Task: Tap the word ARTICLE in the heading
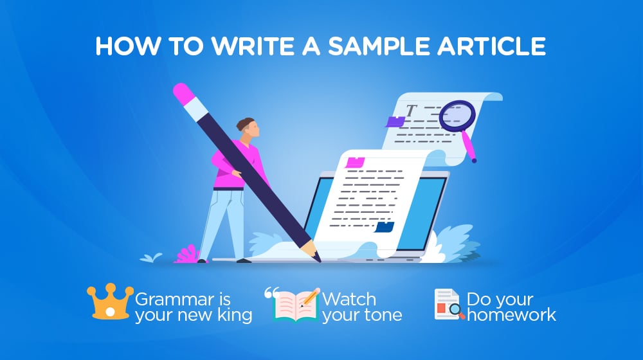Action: (491, 46)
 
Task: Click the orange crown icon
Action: (110, 301)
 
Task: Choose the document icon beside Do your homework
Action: (449, 304)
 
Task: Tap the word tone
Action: (384, 315)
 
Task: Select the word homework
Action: (511, 315)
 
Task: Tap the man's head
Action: (248, 127)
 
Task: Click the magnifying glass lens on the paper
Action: (457, 116)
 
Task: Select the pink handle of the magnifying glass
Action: (469, 146)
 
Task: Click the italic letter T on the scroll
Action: (411, 111)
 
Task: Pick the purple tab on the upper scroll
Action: (395, 122)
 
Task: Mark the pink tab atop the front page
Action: (355, 163)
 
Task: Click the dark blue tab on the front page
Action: (385, 227)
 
